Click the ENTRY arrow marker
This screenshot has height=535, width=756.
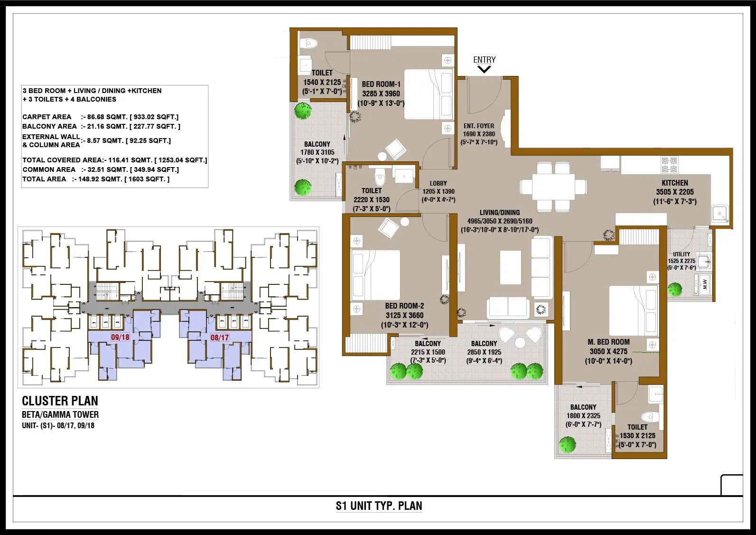tap(484, 69)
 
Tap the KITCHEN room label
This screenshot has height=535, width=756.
tap(675, 183)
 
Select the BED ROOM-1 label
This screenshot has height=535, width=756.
tap(381, 84)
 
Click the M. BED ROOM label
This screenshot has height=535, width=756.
tap(608, 342)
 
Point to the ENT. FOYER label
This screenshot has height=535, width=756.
tap(479, 126)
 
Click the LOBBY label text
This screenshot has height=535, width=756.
tap(438, 184)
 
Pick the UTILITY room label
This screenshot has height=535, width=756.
tap(681, 254)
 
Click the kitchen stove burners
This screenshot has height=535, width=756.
tap(669, 165)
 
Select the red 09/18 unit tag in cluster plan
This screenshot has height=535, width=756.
tap(120, 338)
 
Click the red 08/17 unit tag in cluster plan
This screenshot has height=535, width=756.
tap(220, 338)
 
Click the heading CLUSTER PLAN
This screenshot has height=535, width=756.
tap(60, 401)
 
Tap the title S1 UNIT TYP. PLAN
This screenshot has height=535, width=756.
tap(379, 506)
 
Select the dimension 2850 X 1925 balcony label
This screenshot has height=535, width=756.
tap(484, 352)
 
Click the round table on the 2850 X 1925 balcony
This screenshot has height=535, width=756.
tap(520, 342)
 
